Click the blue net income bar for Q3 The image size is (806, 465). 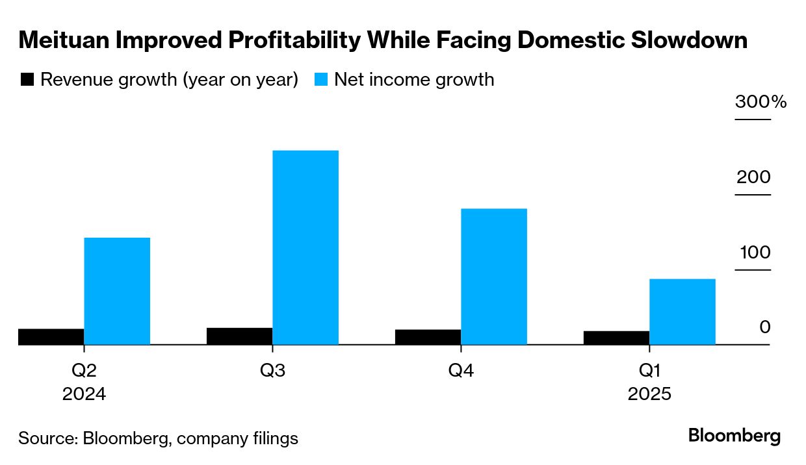click(x=305, y=247)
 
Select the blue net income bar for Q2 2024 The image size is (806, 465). click(x=117, y=290)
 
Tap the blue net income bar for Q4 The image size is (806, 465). click(x=494, y=276)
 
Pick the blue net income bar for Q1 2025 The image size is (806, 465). click(x=682, y=311)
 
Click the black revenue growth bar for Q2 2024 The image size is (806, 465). click(x=51, y=336)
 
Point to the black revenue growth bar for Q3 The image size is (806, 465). click(x=240, y=336)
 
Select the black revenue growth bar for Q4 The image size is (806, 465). click(x=428, y=337)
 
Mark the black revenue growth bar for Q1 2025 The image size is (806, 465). click(x=617, y=338)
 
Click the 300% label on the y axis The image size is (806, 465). click(x=760, y=102)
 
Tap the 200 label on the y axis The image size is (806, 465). click(x=753, y=177)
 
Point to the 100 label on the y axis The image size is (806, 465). click(x=753, y=253)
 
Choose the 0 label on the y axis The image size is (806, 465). click(x=764, y=327)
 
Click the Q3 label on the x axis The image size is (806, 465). click(x=272, y=371)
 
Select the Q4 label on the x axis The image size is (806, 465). click(x=461, y=371)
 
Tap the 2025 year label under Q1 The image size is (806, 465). click(x=649, y=394)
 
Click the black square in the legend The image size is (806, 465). click(x=27, y=79)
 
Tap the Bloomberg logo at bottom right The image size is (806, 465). click(x=734, y=436)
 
